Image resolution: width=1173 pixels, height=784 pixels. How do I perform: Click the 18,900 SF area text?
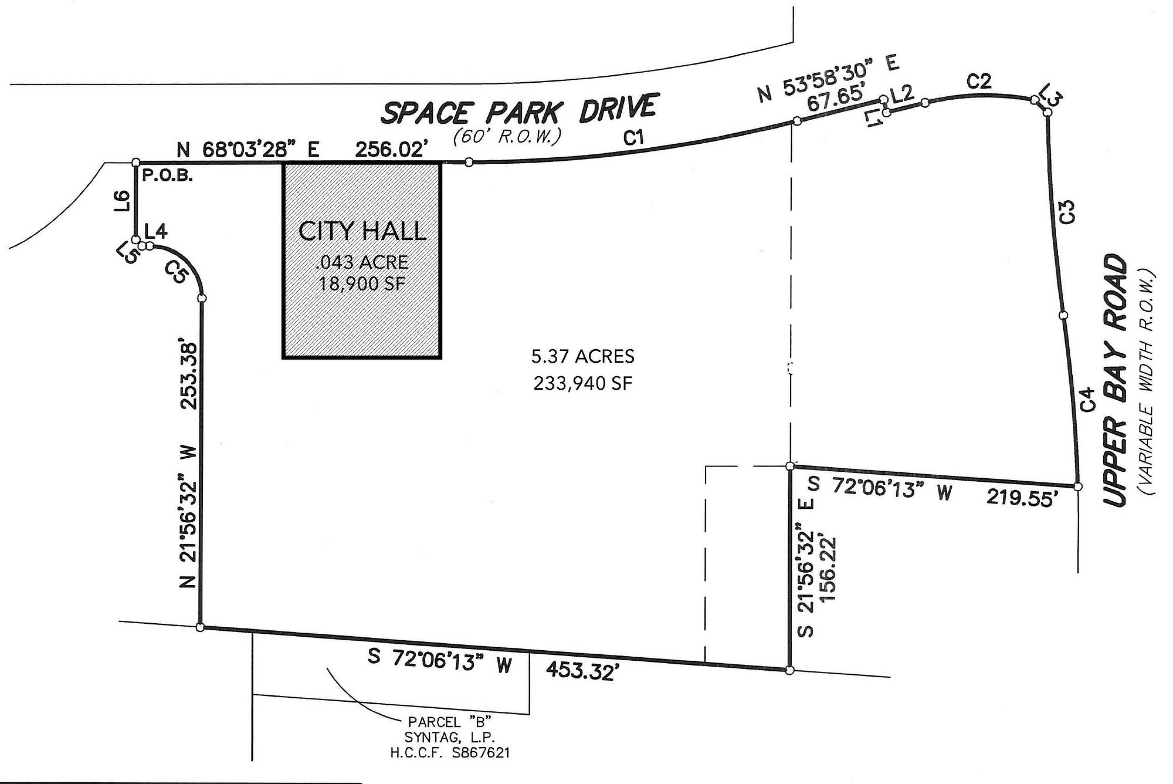point(362,284)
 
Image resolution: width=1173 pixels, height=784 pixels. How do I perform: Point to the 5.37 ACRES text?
point(583,356)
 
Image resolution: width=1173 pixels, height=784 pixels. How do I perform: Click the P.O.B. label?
point(167,176)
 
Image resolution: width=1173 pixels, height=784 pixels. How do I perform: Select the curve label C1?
point(634,138)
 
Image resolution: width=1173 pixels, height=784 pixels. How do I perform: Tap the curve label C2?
point(979,82)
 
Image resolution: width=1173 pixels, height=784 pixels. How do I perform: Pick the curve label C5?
point(176,272)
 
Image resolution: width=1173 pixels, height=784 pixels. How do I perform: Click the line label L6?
point(122,201)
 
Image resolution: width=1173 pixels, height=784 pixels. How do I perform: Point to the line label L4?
point(156,232)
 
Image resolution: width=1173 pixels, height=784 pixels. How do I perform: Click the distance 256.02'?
point(392,149)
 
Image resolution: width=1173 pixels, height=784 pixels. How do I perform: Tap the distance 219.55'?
point(1022,498)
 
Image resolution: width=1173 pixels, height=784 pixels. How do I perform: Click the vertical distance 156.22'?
point(828,570)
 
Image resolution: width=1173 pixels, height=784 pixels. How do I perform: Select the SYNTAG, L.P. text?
point(450,737)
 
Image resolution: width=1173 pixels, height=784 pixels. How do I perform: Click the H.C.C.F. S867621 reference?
point(450,753)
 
